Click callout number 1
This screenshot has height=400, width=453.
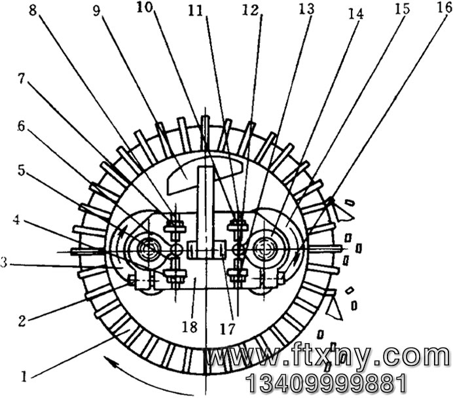(x=24, y=376)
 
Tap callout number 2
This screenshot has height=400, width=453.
(x=22, y=321)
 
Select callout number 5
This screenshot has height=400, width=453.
(x=21, y=170)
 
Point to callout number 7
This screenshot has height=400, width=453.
(x=21, y=78)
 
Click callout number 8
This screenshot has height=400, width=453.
(x=33, y=10)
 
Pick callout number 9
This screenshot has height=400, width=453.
(x=96, y=10)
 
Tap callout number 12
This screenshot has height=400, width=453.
(x=249, y=10)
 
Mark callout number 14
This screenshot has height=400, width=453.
(x=355, y=14)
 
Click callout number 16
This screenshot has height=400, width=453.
(x=444, y=7)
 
